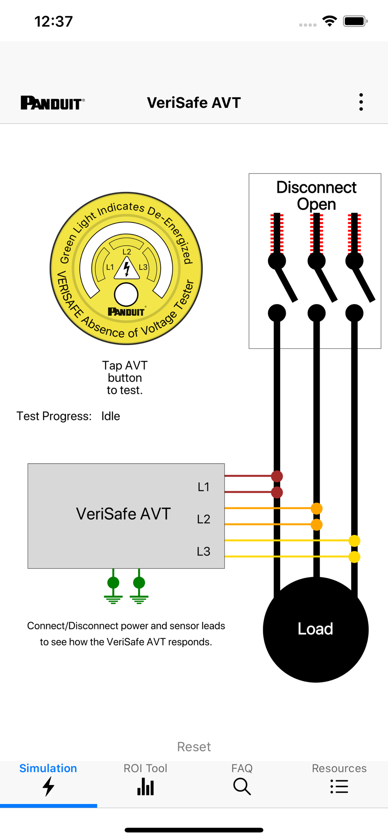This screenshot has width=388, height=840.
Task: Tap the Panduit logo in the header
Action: [x=53, y=103]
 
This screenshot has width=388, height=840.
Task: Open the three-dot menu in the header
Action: [x=361, y=102]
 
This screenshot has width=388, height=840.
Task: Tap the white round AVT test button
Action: [x=126, y=294]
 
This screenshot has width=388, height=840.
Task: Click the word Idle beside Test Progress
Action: [x=110, y=416]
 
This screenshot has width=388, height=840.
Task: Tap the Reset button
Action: [x=194, y=746]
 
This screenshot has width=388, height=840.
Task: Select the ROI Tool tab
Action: [x=145, y=780]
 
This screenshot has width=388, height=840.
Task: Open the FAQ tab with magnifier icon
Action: [x=242, y=780]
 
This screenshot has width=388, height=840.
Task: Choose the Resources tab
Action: [x=339, y=780]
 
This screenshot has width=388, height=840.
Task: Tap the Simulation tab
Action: [x=48, y=780]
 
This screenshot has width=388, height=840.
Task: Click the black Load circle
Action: [x=316, y=629]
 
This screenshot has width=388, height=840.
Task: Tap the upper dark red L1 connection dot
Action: [x=277, y=476]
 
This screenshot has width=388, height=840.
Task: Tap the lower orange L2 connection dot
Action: [x=317, y=525]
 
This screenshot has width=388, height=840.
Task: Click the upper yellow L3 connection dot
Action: [x=354, y=541]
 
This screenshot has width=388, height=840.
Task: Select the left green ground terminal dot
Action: [x=113, y=583]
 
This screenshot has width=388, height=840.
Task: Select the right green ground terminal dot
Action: [x=139, y=583]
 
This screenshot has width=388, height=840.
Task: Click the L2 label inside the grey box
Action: [x=204, y=519]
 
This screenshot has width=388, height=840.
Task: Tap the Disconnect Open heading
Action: [x=316, y=195]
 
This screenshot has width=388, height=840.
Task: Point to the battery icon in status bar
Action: [x=355, y=21]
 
